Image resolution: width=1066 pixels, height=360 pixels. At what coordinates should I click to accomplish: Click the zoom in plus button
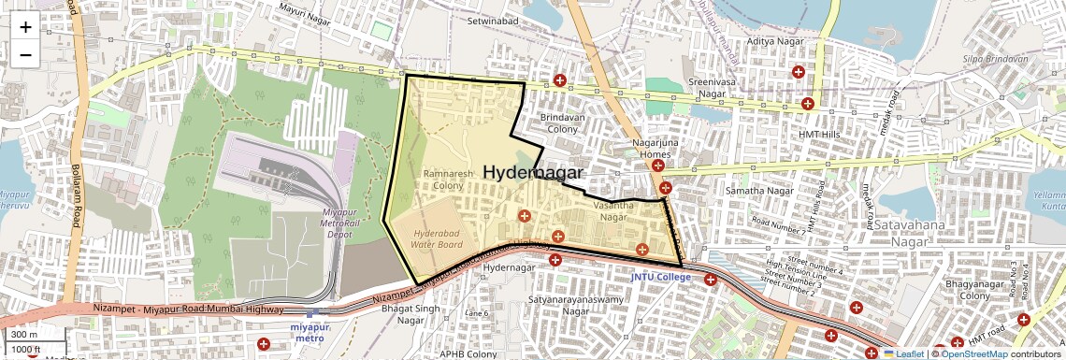coord(25,27)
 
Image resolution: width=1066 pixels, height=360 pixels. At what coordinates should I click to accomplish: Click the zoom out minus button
coord(25,55)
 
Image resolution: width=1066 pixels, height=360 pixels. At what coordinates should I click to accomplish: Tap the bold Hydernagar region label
coord(533,173)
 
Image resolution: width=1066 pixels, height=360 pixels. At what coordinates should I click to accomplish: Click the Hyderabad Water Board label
coord(437,238)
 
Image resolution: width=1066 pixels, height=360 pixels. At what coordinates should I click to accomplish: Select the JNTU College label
coord(660,277)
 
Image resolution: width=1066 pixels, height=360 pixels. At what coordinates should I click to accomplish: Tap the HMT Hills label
coord(820,135)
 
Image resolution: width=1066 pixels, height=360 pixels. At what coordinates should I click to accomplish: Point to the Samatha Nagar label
coord(760,191)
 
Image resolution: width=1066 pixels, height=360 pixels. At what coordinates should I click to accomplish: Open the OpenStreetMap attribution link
coord(973,353)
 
